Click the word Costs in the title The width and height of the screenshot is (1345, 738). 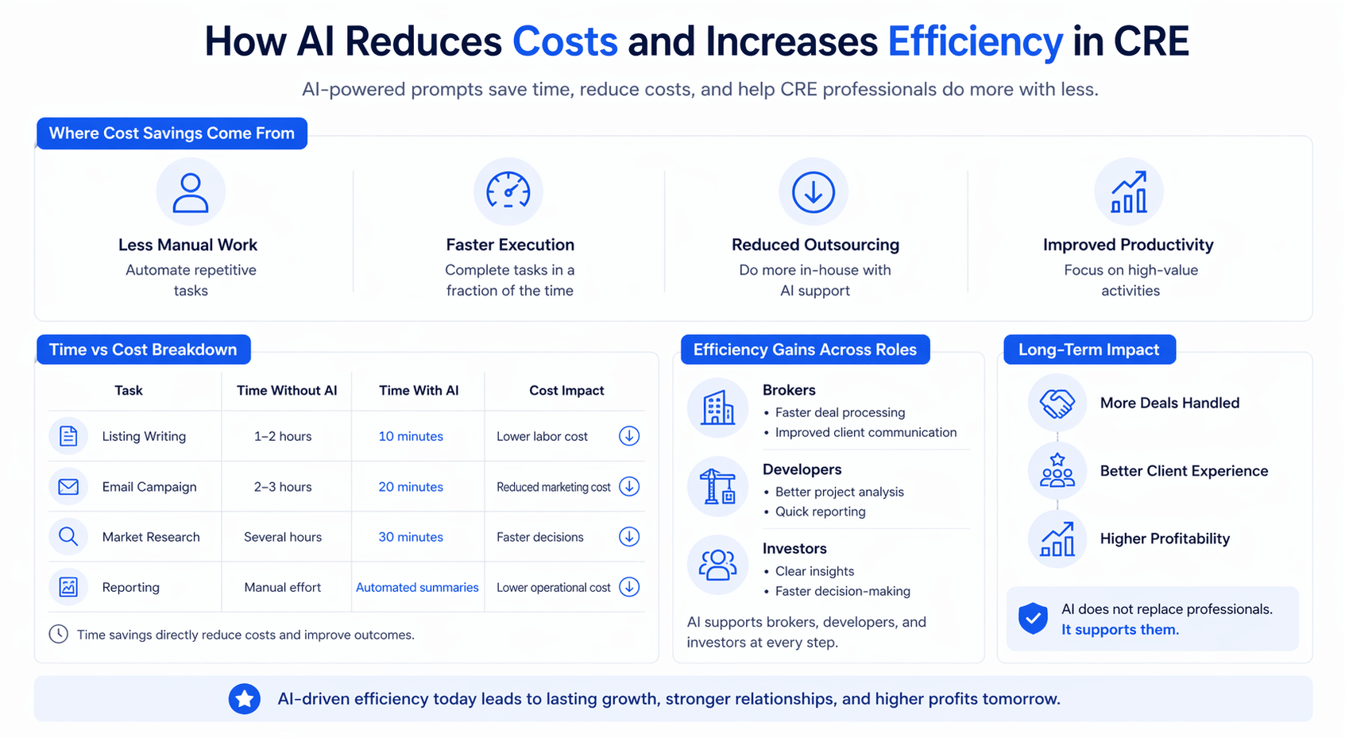[x=565, y=41]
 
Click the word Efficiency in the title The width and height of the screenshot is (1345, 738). [x=975, y=41]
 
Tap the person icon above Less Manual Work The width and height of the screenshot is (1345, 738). [x=191, y=192]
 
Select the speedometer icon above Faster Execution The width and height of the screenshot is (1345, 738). [x=508, y=191]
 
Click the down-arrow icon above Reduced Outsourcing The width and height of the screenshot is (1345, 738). [x=813, y=192]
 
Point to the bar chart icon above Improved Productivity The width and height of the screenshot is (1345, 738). [x=1129, y=192]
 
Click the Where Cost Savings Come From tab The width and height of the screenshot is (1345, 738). [x=172, y=133]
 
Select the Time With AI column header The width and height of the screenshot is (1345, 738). [x=419, y=390]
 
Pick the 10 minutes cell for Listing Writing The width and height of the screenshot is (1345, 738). [x=411, y=436]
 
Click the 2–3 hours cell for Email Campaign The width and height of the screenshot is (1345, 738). [x=283, y=487]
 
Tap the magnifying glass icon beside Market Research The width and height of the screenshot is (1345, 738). [x=68, y=537]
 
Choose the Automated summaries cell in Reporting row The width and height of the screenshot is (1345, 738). [x=417, y=587]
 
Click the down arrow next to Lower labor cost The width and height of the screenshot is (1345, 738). [x=629, y=436]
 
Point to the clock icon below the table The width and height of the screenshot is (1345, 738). [x=59, y=634]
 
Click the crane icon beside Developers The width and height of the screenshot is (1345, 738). [x=718, y=487]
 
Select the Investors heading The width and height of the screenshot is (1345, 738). [x=794, y=548]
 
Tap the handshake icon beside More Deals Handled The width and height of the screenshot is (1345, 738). [x=1057, y=404]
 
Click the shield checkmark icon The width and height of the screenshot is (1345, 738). [x=1034, y=618]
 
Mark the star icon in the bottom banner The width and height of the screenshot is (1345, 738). [x=245, y=699]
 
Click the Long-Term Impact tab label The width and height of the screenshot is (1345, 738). [x=1089, y=350]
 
